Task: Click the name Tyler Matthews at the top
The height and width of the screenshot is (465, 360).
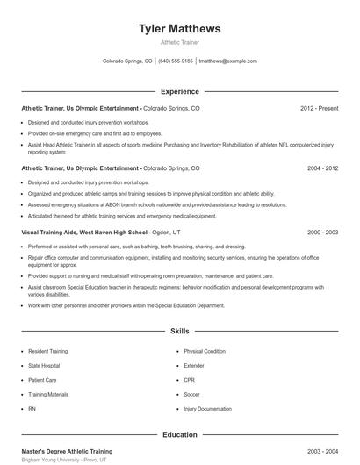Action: click(x=179, y=29)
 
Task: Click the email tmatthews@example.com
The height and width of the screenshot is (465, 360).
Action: click(x=227, y=61)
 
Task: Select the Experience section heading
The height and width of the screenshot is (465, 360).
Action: click(x=179, y=91)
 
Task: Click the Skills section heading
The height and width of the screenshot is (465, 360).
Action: click(x=179, y=332)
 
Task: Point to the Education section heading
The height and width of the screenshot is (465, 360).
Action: click(x=179, y=434)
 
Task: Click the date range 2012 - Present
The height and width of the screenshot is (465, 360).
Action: click(x=319, y=108)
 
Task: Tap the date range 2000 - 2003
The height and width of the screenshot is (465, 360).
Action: click(x=322, y=232)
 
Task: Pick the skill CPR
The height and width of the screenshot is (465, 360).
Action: click(x=189, y=380)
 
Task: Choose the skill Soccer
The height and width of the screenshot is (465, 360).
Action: click(x=192, y=394)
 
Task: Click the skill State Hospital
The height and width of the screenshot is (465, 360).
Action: click(x=44, y=365)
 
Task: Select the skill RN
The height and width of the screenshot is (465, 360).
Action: click(x=32, y=409)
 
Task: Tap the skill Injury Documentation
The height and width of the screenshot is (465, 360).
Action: click(x=207, y=409)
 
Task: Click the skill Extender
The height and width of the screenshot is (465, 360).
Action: click(x=194, y=365)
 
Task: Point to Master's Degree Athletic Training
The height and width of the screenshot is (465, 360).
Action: click(x=67, y=451)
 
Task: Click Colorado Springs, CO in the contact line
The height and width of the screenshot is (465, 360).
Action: click(x=127, y=61)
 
